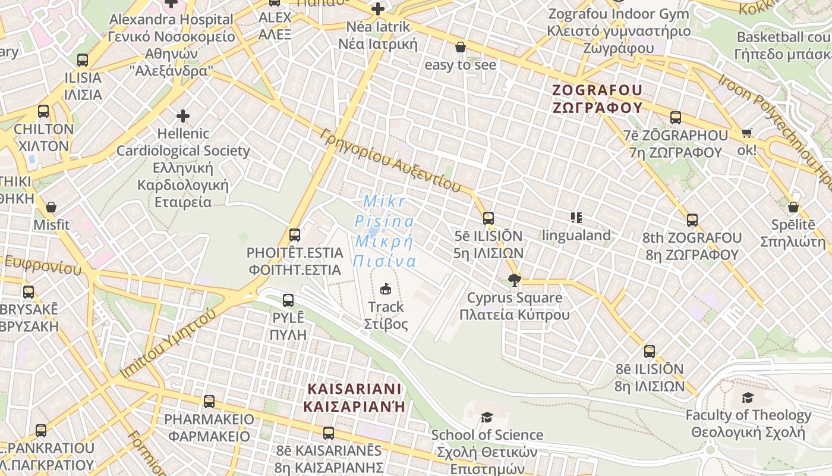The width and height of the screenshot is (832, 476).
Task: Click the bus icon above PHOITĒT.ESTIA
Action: pyautogui.click(x=295, y=235)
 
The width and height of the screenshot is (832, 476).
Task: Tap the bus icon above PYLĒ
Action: pyautogui.click(x=288, y=300)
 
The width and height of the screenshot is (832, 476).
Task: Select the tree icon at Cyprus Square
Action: pyautogui.click(x=515, y=280)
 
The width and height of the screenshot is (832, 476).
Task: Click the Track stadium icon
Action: pyautogui.click(x=386, y=289)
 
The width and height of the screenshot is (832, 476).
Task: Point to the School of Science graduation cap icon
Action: pyautogui.click(x=487, y=417)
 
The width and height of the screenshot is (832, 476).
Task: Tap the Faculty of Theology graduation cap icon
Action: pyautogui.click(x=748, y=397)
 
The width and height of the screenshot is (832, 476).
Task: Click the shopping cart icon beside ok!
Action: pyautogui.click(x=747, y=133)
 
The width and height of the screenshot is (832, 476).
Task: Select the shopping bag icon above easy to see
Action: pyautogui.click(x=461, y=47)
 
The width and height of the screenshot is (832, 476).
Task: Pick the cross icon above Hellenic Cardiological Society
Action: pyautogui.click(x=183, y=115)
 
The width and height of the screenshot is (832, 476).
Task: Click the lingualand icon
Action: pyautogui.click(x=576, y=218)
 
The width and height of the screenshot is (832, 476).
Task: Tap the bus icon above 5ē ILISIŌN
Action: pyautogui.click(x=489, y=218)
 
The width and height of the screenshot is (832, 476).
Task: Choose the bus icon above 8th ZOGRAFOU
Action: pyautogui.click(x=692, y=220)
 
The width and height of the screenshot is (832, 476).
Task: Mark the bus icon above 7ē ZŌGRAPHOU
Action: pyautogui.click(x=676, y=118)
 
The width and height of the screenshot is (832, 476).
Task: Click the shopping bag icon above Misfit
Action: pyautogui.click(x=52, y=207)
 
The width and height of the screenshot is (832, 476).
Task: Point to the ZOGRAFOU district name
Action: pyautogui.click(x=597, y=99)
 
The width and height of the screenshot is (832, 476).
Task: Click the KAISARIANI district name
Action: pyautogui.click(x=355, y=397)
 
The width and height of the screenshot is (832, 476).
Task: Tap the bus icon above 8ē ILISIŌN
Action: pyautogui.click(x=650, y=352)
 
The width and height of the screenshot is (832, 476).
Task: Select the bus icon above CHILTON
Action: pyautogui.click(x=43, y=111)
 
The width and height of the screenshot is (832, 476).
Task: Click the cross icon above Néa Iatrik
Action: pyautogui.click(x=378, y=9)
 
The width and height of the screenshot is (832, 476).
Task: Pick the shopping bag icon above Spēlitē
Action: pyautogui.click(x=793, y=207)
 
